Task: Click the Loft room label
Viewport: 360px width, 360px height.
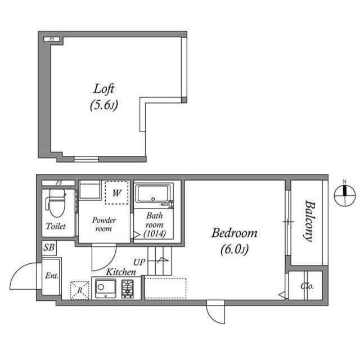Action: pos(103,89)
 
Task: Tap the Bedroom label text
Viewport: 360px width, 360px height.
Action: pos(234,233)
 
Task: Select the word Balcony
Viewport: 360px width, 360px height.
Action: pos(310,221)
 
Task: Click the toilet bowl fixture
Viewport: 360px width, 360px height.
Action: pos(56,202)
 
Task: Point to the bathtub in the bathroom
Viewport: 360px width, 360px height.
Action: pos(153,193)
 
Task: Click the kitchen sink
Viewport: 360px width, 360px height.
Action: pos(105,288)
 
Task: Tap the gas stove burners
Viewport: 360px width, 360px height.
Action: pos(128,289)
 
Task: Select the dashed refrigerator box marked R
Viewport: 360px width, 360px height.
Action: pos(79,290)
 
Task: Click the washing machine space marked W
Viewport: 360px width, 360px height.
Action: pos(116,192)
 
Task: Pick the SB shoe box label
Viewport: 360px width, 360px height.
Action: pos(49,247)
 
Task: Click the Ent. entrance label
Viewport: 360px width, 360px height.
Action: pos(52,276)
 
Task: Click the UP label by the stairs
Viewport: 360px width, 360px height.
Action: pos(139,262)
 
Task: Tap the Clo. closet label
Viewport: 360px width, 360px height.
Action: pos(307,286)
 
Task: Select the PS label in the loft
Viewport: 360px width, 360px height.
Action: pos(52,39)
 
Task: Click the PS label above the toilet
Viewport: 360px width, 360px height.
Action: pos(59,183)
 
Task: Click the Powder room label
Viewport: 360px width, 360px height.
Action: pos(103,224)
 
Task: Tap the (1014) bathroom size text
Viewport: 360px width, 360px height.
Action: pos(155,234)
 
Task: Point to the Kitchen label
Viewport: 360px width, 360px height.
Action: pos(121,272)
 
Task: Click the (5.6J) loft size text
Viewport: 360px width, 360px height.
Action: pos(103,105)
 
